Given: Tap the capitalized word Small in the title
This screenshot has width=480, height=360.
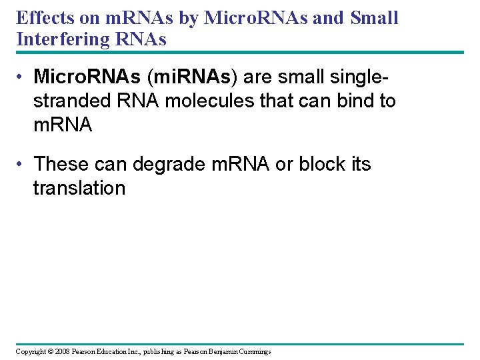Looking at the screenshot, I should [x=373, y=18].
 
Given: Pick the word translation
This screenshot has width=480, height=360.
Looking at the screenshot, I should [x=79, y=188].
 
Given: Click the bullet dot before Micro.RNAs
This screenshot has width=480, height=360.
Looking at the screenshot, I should [x=23, y=78].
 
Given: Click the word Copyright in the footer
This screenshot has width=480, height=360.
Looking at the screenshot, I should [x=31, y=351].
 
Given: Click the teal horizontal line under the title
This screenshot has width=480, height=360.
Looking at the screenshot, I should [x=240, y=53].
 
